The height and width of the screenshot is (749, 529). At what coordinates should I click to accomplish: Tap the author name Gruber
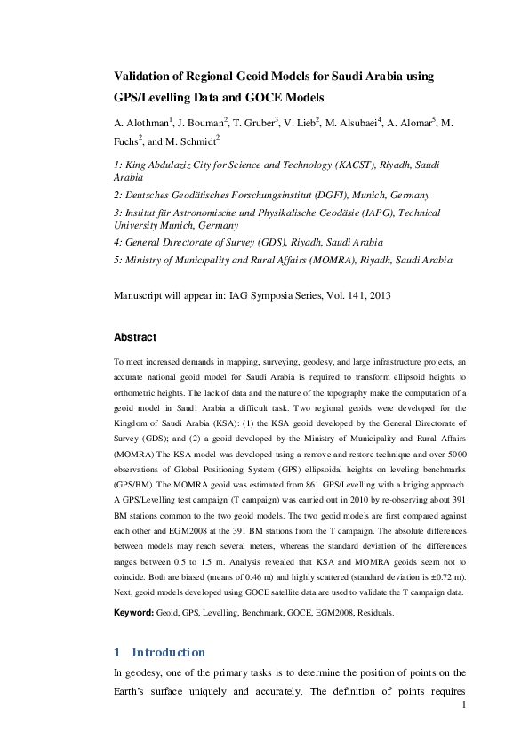click(264, 123)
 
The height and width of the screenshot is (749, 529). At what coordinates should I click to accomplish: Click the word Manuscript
click(145, 294)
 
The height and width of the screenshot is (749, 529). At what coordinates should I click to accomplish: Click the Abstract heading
click(135, 338)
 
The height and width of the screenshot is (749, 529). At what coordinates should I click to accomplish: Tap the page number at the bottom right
click(463, 706)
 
